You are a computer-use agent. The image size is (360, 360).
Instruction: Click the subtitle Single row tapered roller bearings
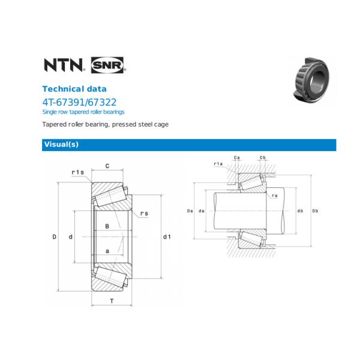[x=83, y=112]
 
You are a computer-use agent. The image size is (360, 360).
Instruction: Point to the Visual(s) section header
[x=61, y=145]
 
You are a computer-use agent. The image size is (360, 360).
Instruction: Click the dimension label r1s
[x=77, y=172]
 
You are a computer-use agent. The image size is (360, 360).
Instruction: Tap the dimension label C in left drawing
[x=107, y=166]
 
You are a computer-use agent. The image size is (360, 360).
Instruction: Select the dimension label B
[x=107, y=226]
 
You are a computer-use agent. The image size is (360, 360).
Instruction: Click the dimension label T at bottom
[x=112, y=301]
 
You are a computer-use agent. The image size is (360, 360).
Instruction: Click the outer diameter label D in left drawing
[x=54, y=237]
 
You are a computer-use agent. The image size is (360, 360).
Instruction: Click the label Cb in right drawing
[x=263, y=157]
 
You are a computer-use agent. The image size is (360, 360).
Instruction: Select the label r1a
[x=218, y=164]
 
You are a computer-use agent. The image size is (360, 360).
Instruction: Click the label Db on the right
[x=315, y=211]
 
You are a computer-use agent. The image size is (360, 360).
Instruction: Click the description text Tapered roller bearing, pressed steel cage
[x=105, y=124]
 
